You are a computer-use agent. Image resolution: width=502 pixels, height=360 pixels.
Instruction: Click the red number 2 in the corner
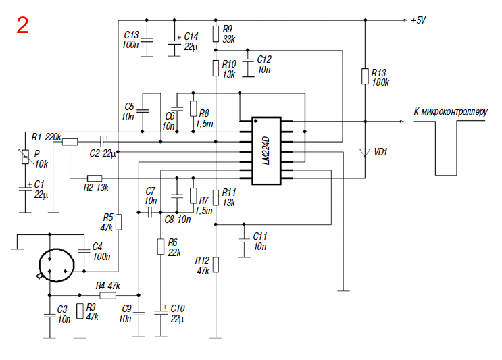(x=22, y=25)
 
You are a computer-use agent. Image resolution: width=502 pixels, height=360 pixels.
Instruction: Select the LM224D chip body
(x=266, y=151)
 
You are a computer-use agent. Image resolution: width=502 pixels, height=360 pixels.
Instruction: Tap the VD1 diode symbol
(x=365, y=153)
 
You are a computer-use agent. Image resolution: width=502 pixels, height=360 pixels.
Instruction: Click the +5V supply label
(x=418, y=20)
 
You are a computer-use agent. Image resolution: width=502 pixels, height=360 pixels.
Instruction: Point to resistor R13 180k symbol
(x=365, y=76)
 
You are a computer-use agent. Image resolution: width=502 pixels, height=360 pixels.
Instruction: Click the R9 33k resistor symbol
(x=216, y=34)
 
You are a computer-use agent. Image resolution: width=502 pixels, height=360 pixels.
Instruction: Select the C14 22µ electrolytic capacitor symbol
(x=174, y=43)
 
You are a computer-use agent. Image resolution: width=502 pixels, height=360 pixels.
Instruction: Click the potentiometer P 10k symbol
(x=25, y=157)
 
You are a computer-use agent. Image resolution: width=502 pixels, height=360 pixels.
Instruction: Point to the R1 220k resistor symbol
(x=70, y=142)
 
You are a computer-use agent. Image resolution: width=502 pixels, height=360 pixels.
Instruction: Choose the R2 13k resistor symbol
(x=95, y=178)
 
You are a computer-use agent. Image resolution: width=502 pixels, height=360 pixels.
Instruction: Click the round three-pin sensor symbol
(x=56, y=265)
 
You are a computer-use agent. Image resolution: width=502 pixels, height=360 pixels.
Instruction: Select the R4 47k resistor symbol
(x=108, y=295)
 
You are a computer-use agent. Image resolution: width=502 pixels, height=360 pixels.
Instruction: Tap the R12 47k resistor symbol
(x=216, y=265)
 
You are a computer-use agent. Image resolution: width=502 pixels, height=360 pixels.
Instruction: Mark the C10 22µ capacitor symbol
(x=161, y=312)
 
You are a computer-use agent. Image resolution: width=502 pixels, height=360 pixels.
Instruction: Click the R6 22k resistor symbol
(x=161, y=247)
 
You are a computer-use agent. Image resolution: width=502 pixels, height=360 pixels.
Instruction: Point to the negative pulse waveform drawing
(x=446, y=175)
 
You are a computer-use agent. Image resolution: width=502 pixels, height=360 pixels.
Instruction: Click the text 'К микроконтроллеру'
(x=451, y=111)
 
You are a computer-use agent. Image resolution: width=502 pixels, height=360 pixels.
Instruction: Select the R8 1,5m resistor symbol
(x=193, y=109)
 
